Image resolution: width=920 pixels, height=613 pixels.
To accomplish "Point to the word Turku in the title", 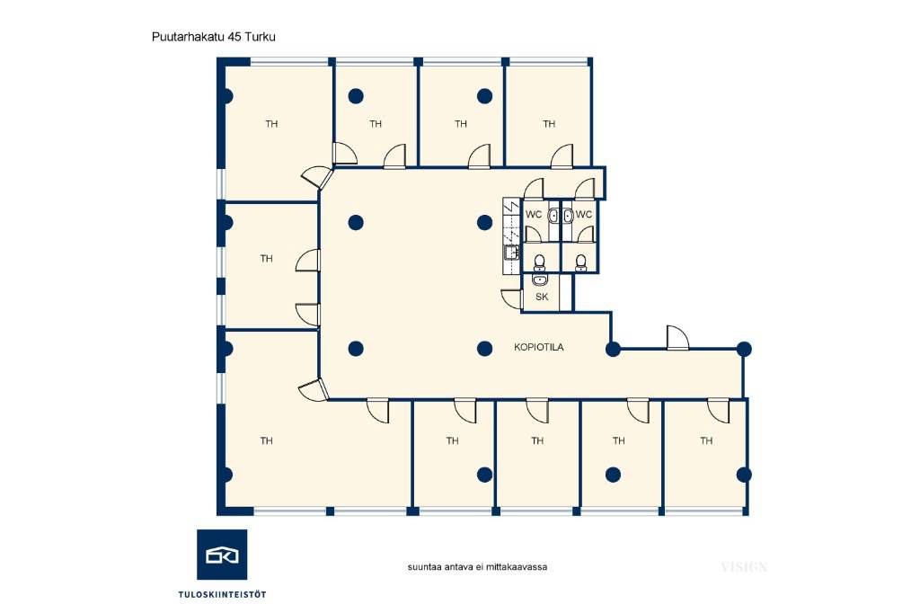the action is click(261, 37).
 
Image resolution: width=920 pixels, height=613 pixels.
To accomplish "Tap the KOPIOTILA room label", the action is click(539, 347).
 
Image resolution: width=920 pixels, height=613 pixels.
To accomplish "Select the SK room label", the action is click(542, 298).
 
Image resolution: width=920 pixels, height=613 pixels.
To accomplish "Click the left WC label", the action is click(534, 214).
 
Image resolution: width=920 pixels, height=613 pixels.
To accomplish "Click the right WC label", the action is click(584, 214).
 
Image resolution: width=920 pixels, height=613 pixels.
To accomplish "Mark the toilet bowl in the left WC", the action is click(539, 261).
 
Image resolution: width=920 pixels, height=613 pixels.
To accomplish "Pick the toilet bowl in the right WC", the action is click(580, 261).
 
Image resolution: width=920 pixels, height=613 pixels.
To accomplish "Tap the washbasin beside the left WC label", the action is click(553, 216).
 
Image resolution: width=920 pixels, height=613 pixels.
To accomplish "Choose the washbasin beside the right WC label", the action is click(568, 216).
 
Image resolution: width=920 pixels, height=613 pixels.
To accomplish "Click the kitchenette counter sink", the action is click(510, 253).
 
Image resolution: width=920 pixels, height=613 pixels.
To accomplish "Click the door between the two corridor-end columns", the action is click(677, 338).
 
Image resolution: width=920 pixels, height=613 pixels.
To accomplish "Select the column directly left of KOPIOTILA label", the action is click(484, 349).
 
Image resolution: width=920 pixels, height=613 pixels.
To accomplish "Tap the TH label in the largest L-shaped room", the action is click(266, 440).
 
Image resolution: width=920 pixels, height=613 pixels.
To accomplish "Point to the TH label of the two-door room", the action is click(266, 258).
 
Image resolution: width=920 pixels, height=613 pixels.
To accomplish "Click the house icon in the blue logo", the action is click(222, 555).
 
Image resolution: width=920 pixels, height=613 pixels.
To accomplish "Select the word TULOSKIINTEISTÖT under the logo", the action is click(223, 594).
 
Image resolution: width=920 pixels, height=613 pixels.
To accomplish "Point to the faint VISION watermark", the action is click(744, 566).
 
